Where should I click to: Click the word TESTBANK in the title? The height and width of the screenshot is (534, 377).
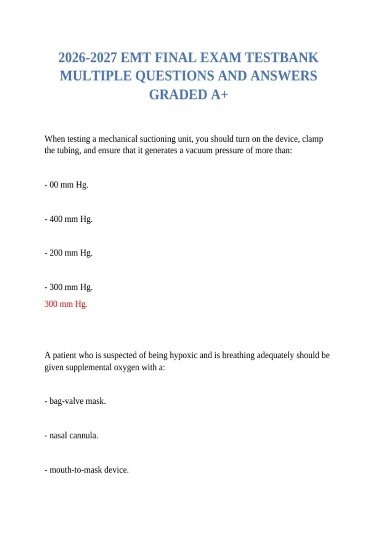281,58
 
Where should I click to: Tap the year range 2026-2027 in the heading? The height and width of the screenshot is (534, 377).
88,58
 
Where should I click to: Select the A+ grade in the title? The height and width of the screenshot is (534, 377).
219,95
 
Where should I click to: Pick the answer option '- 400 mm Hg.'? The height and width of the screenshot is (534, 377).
68,219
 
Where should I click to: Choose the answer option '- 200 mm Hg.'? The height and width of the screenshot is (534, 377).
68,253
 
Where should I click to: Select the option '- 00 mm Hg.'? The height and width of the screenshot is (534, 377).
66,185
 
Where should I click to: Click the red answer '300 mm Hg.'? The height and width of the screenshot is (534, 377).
66,304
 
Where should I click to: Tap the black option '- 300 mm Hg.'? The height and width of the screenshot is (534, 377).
68,287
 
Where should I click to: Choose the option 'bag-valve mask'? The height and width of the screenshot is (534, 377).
75,401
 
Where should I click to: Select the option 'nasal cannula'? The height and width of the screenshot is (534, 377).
71,436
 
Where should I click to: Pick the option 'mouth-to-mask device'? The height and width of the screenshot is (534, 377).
87,470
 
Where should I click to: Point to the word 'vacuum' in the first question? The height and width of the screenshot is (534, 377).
199,150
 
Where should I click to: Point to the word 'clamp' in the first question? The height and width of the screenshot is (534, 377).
312,139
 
